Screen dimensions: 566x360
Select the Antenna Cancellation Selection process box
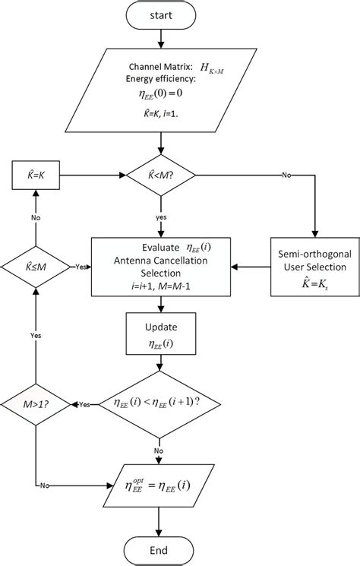159,267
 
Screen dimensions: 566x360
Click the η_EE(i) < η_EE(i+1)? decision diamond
159,403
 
